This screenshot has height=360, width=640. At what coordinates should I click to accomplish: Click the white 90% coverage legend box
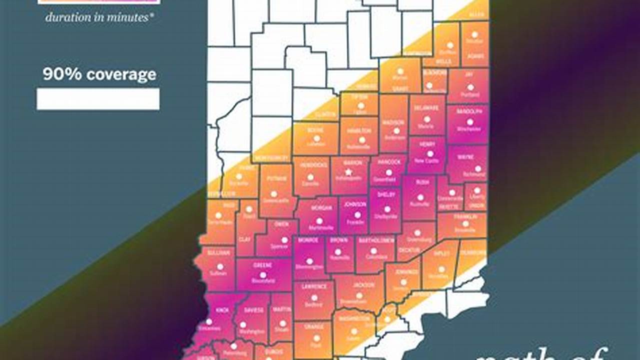pyautogui.click(x=98, y=99)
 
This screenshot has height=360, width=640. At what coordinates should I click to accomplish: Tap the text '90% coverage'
pyautogui.click(x=99, y=75)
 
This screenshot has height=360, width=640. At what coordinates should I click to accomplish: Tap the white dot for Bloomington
pyautogui.click(x=309, y=260)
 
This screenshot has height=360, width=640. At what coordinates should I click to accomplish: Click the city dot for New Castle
pyautogui.click(x=429, y=153)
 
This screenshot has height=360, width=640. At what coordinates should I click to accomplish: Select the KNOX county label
pyautogui.click(x=222, y=310)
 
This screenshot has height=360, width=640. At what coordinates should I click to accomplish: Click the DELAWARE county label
pyautogui.click(x=426, y=108)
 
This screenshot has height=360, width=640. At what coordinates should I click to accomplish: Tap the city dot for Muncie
pyautogui.click(x=427, y=119)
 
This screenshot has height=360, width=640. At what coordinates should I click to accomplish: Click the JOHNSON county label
pyautogui.click(x=355, y=204)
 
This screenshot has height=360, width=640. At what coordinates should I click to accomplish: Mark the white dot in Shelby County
pyautogui.click(x=387, y=209)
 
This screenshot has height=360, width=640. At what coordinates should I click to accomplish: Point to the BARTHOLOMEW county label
pyautogui.click(x=375, y=240)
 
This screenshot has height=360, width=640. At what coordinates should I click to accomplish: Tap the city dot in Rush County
pyautogui.click(x=420, y=197)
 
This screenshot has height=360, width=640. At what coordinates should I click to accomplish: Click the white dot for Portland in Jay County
pyautogui.click(x=470, y=87)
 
